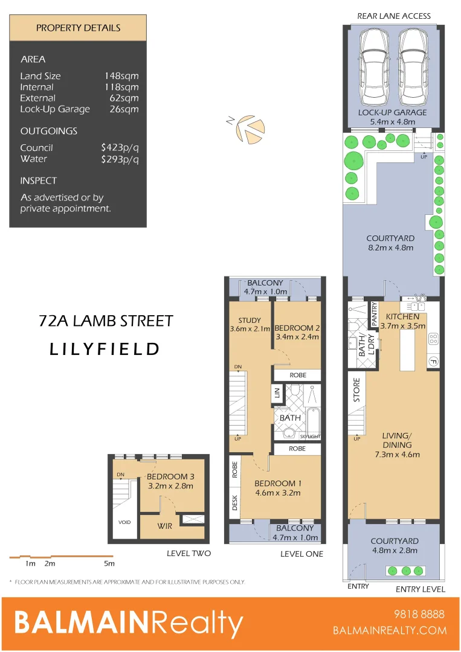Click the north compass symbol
[x=247, y=129]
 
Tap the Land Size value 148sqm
[x=121, y=76]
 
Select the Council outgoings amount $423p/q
[x=120, y=148]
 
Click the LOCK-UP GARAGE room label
[x=392, y=112]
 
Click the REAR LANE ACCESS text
[x=394, y=16]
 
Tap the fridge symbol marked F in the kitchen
[x=433, y=362]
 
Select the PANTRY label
[x=375, y=315]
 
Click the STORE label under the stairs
[x=356, y=390]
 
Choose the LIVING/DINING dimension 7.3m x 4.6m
[x=396, y=455]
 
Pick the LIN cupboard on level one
[x=278, y=394]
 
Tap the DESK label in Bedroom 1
[x=234, y=502]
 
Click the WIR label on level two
[x=164, y=526]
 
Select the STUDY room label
[x=249, y=320]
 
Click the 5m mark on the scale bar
[x=109, y=563]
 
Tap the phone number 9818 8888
[x=418, y=615]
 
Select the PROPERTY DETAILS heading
[x=78, y=28]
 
